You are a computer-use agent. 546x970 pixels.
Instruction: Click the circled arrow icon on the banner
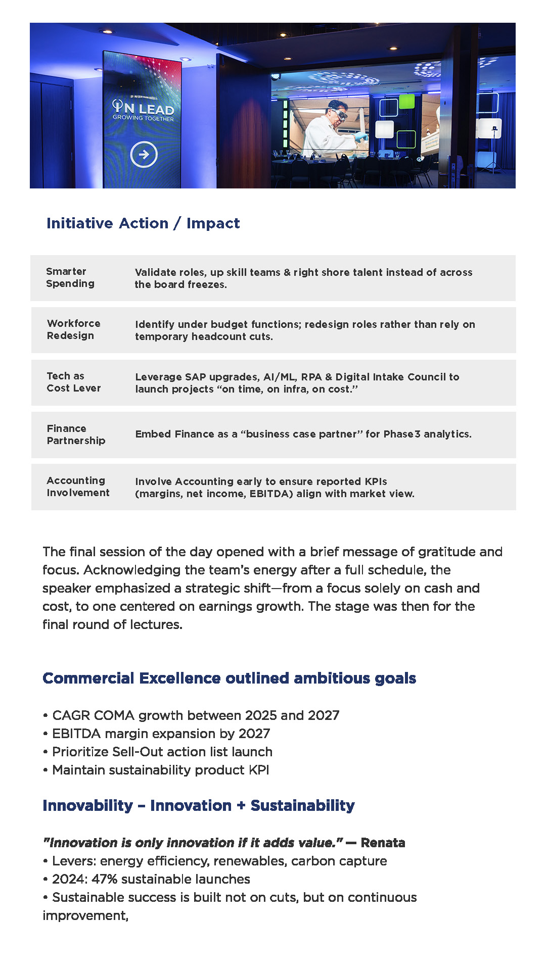[144, 155]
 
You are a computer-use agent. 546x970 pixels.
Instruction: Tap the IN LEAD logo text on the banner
[143, 108]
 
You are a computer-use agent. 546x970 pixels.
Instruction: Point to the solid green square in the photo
[406, 102]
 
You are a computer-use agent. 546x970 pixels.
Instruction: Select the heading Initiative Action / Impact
[143, 223]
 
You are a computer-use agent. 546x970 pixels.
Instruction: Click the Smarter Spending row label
[70, 277]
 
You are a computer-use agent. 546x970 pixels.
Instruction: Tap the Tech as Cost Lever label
[73, 382]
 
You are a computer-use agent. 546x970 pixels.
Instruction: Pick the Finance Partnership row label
[76, 434]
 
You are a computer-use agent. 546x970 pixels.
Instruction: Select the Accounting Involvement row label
[78, 487]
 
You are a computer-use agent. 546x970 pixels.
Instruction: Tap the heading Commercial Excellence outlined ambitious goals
[229, 678]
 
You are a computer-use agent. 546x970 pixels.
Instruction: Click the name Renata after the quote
[383, 843]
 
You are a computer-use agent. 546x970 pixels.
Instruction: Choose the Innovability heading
[199, 805]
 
